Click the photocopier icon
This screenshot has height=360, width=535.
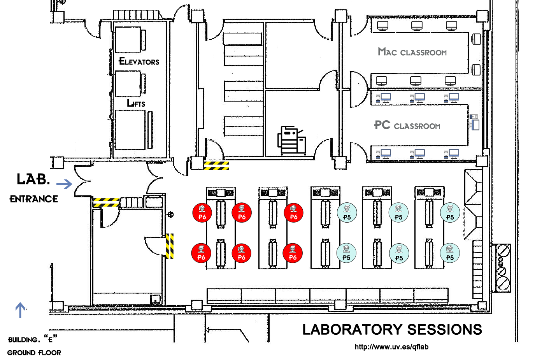(291, 140)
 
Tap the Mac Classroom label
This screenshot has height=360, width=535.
(412, 52)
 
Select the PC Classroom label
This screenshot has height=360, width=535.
(407, 125)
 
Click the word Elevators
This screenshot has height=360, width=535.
(139, 61)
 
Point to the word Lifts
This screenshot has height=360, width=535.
(136, 103)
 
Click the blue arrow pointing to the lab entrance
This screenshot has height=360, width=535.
(64, 184)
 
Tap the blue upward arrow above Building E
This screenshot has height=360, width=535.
(20, 310)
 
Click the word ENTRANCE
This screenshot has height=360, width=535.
(34, 199)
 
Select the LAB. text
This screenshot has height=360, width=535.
(33, 179)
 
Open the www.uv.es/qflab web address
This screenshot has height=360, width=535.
(391, 347)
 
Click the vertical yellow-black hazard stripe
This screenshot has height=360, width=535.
(170, 246)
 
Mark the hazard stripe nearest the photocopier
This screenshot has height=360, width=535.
(216, 166)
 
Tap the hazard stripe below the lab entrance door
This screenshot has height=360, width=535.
(106, 202)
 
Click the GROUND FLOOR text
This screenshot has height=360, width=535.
(34, 353)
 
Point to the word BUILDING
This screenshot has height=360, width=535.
(23, 340)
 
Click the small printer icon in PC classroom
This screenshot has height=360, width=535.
(474, 117)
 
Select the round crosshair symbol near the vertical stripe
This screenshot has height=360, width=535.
(170, 214)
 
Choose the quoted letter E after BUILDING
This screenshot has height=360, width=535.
(50, 339)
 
